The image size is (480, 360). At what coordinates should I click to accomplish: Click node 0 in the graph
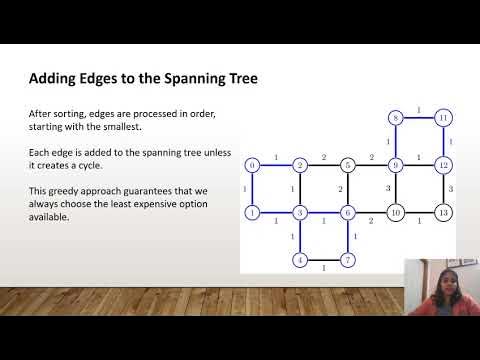[x=252, y=164]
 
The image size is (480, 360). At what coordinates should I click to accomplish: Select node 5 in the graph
[x=348, y=164]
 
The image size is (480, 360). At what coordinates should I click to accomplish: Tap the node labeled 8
[x=396, y=118]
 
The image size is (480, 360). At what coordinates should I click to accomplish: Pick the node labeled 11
[x=443, y=118]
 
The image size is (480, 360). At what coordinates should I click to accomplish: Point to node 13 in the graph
[x=443, y=212]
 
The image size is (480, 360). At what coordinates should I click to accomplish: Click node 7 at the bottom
[x=347, y=260]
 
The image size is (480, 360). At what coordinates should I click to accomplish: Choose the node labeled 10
[x=396, y=212]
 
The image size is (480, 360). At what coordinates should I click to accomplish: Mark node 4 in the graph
[x=299, y=260]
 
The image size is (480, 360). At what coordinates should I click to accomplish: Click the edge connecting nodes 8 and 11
[x=419, y=118]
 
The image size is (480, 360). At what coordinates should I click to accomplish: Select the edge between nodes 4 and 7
[x=323, y=260]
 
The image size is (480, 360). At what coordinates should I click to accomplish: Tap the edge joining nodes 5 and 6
[x=348, y=188]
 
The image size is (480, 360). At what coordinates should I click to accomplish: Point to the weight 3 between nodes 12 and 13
[x=451, y=188]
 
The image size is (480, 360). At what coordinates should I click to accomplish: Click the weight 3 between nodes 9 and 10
[x=389, y=188]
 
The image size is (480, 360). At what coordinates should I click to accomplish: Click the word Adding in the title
[x=55, y=78]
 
